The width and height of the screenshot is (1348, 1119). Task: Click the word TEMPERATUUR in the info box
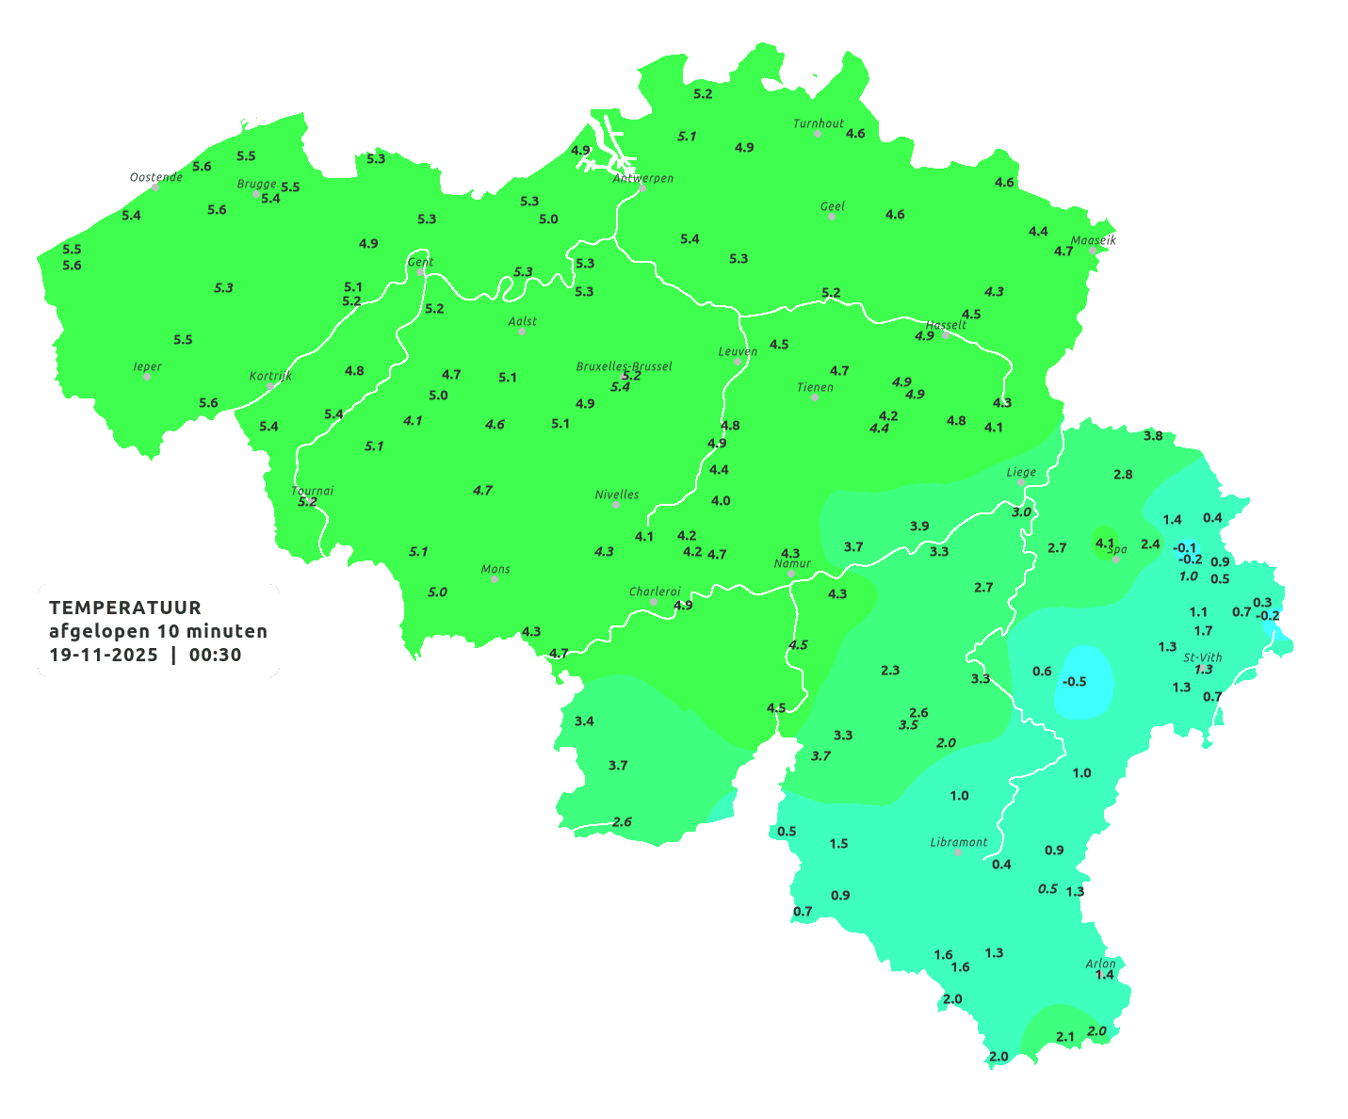click(125, 608)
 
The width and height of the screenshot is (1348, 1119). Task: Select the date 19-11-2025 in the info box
click(104, 656)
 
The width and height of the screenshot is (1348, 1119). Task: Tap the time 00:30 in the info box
click(215, 656)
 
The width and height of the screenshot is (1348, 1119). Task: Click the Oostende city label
click(155, 177)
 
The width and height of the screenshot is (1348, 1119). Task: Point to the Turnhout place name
click(818, 123)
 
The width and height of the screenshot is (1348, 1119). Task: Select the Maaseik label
click(1093, 240)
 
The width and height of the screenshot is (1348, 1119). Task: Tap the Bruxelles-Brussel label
click(624, 365)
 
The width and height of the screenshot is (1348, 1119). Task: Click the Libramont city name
click(958, 842)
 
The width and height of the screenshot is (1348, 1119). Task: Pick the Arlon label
click(1100, 964)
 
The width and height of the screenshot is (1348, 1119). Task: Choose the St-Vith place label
click(1202, 657)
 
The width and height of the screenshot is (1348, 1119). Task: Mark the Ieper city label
click(147, 366)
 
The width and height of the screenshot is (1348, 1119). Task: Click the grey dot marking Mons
click(495, 579)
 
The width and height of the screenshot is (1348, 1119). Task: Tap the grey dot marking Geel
click(832, 217)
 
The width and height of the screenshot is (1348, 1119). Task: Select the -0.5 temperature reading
click(1074, 682)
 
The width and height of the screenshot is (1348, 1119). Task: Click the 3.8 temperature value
click(1153, 436)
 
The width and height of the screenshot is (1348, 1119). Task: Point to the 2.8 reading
click(1123, 475)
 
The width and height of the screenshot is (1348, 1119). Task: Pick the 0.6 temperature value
click(1042, 672)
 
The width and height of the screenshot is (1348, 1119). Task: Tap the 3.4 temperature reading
click(584, 722)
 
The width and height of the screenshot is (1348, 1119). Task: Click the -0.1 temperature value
click(1184, 548)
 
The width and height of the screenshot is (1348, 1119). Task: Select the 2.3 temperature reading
click(890, 671)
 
